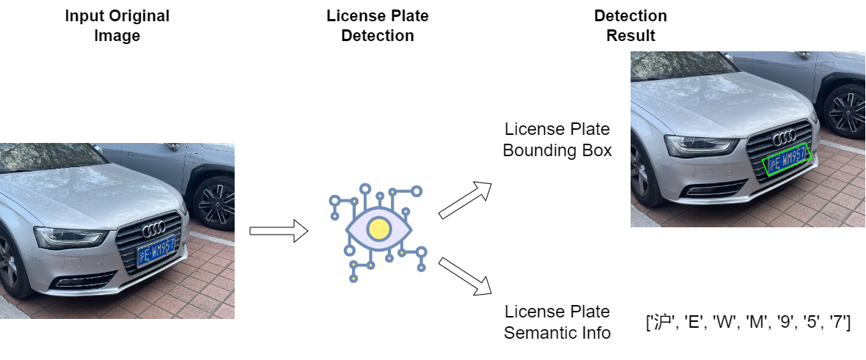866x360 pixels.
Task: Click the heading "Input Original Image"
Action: pos(117,26)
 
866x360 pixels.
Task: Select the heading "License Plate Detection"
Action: pos(378,26)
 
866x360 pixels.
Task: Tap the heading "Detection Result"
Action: pos(631,26)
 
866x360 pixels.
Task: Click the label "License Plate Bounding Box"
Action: pos(557,140)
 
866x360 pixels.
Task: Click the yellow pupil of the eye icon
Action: pos(378,229)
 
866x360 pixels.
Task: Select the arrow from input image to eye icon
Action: pos(279,230)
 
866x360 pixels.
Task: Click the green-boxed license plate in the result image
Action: pos(785,158)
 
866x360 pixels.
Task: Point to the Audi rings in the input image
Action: pos(154,229)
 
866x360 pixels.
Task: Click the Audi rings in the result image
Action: pos(785,137)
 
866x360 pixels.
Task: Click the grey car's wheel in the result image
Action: pos(846,111)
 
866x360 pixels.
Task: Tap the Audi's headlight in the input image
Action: pos(70,238)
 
